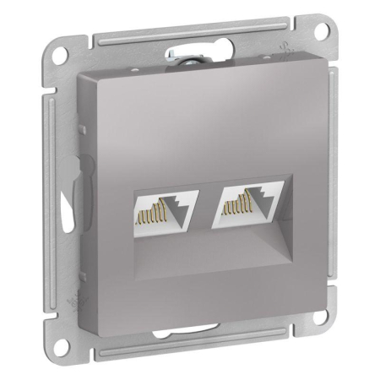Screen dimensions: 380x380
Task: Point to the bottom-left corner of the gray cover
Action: (80, 334)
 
